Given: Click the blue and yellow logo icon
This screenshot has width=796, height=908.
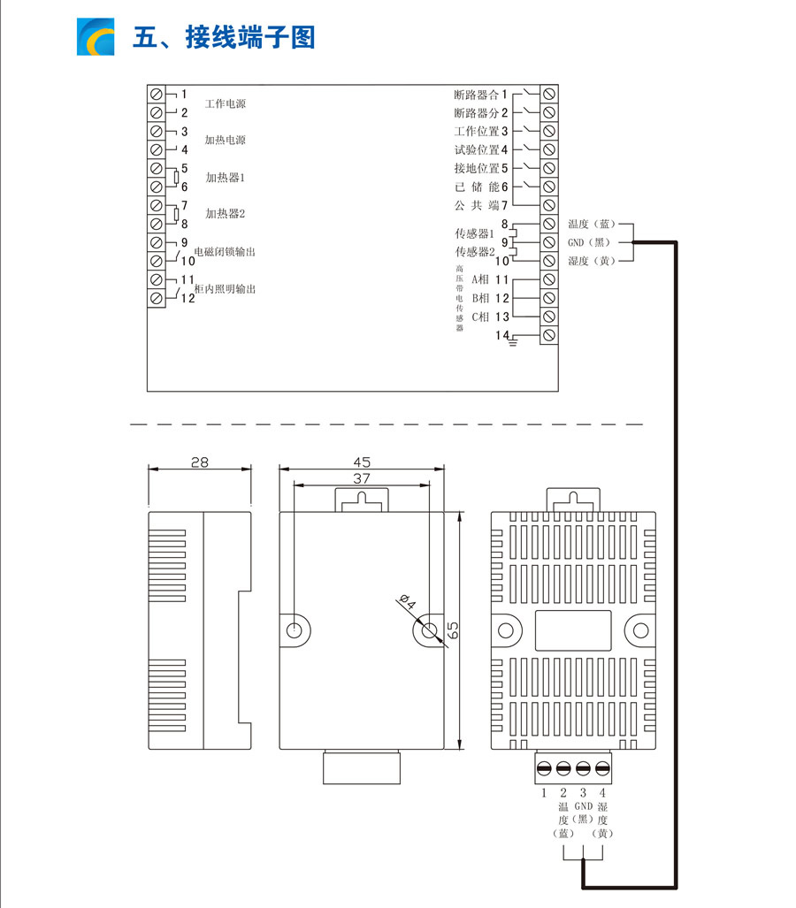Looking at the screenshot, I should [96, 36].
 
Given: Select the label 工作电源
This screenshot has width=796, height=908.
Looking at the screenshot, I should [225, 104].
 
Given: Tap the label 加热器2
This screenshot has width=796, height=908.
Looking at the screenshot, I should [225, 214].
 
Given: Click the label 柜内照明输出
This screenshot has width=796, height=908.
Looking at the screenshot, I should [225, 290].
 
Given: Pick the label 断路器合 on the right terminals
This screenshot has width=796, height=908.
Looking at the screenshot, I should [476, 95].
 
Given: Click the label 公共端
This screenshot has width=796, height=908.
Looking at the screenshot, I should [476, 205].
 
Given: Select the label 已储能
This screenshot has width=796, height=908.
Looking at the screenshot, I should [476, 187].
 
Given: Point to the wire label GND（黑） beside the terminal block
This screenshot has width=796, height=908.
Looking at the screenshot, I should [588, 242].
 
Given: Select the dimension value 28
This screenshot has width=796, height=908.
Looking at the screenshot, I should [200, 462].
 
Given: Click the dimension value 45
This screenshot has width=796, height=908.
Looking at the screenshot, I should [361, 462].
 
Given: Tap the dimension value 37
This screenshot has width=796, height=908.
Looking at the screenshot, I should [361, 478].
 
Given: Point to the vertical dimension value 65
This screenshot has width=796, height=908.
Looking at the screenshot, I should [452, 630].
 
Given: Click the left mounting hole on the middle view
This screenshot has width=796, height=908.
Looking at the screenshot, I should [295, 630].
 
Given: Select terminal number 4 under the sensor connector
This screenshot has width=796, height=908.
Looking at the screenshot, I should [602, 793].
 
